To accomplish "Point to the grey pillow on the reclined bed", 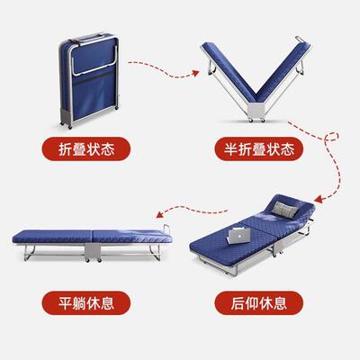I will (291, 210).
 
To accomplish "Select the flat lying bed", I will (90, 240).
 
